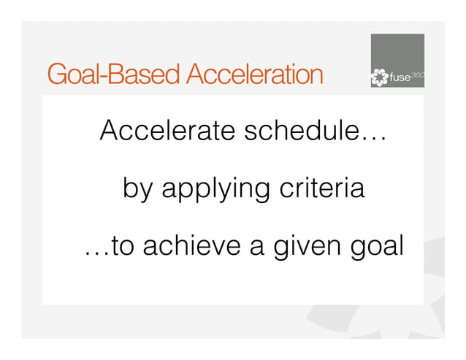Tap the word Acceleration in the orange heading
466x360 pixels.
253,74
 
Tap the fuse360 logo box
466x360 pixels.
397,61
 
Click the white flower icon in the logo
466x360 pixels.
379,77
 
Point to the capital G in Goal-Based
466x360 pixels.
56,74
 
